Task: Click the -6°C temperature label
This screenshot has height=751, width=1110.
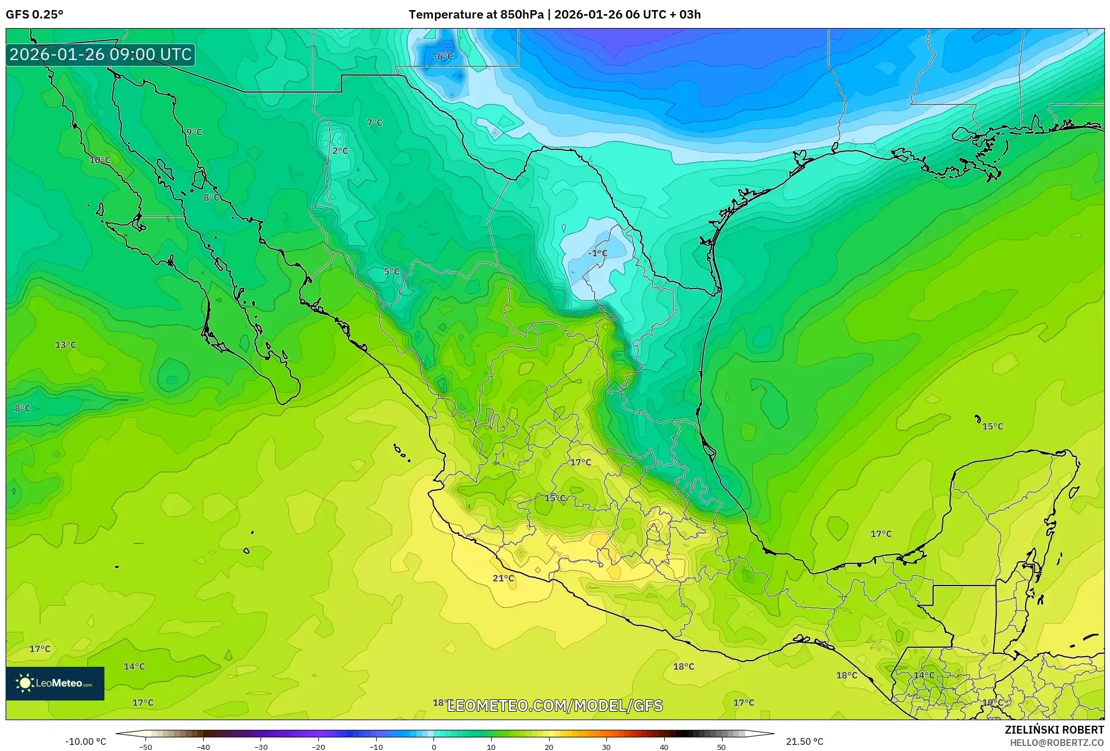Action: click(x=443, y=56)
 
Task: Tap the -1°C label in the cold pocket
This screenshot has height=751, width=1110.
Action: click(x=597, y=253)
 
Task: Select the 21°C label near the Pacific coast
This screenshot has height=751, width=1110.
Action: click(x=503, y=578)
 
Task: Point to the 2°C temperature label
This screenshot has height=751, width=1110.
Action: click(x=340, y=150)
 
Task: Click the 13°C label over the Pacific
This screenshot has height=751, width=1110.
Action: click(x=65, y=345)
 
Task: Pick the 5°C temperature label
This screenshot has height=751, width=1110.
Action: click(x=391, y=272)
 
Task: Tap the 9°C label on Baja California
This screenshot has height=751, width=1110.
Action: click(x=194, y=132)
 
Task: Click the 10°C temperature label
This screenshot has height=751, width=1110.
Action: click(x=100, y=160)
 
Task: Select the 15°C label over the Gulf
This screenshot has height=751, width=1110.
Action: click(x=992, y=427)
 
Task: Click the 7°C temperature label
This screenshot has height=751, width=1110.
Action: click(x=374, y=122)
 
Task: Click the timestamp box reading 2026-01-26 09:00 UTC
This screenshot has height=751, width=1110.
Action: click(x=101, y=54)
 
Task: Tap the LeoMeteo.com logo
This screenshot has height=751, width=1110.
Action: click(x=55, y=683)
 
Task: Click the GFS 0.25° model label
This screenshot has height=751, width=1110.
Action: click(x=35, y=15)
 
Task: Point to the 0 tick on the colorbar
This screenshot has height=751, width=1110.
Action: click(x=433, y=747)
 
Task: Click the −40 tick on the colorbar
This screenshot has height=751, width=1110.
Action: click(x=203, y=747)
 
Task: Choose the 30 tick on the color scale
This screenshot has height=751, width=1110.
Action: click(x=606, y=747)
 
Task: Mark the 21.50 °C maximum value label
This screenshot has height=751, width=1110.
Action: click(x=804, y=741)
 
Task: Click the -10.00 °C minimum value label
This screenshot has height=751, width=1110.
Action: click(x=85, y=741)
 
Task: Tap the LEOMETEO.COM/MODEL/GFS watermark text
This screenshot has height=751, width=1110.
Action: click(x=555, y=706)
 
